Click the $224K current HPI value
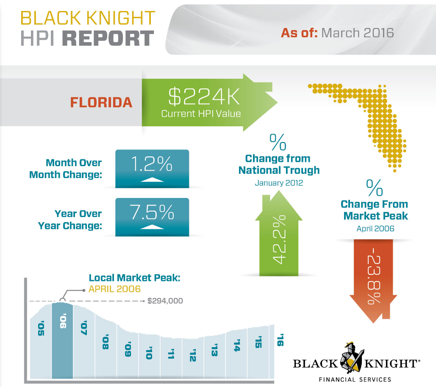[204, 96]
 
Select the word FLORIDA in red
[101, 102]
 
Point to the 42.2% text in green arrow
[278, 239]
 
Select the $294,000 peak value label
[165, 301]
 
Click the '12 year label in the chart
[193, 355]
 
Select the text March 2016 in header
[357, 33]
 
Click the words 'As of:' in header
[299, 33]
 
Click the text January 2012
[278, 183]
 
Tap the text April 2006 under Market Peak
[375, 228]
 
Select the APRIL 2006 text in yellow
[114, 289]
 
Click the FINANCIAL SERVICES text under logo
[355, 379]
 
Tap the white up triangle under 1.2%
[152, 179]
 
